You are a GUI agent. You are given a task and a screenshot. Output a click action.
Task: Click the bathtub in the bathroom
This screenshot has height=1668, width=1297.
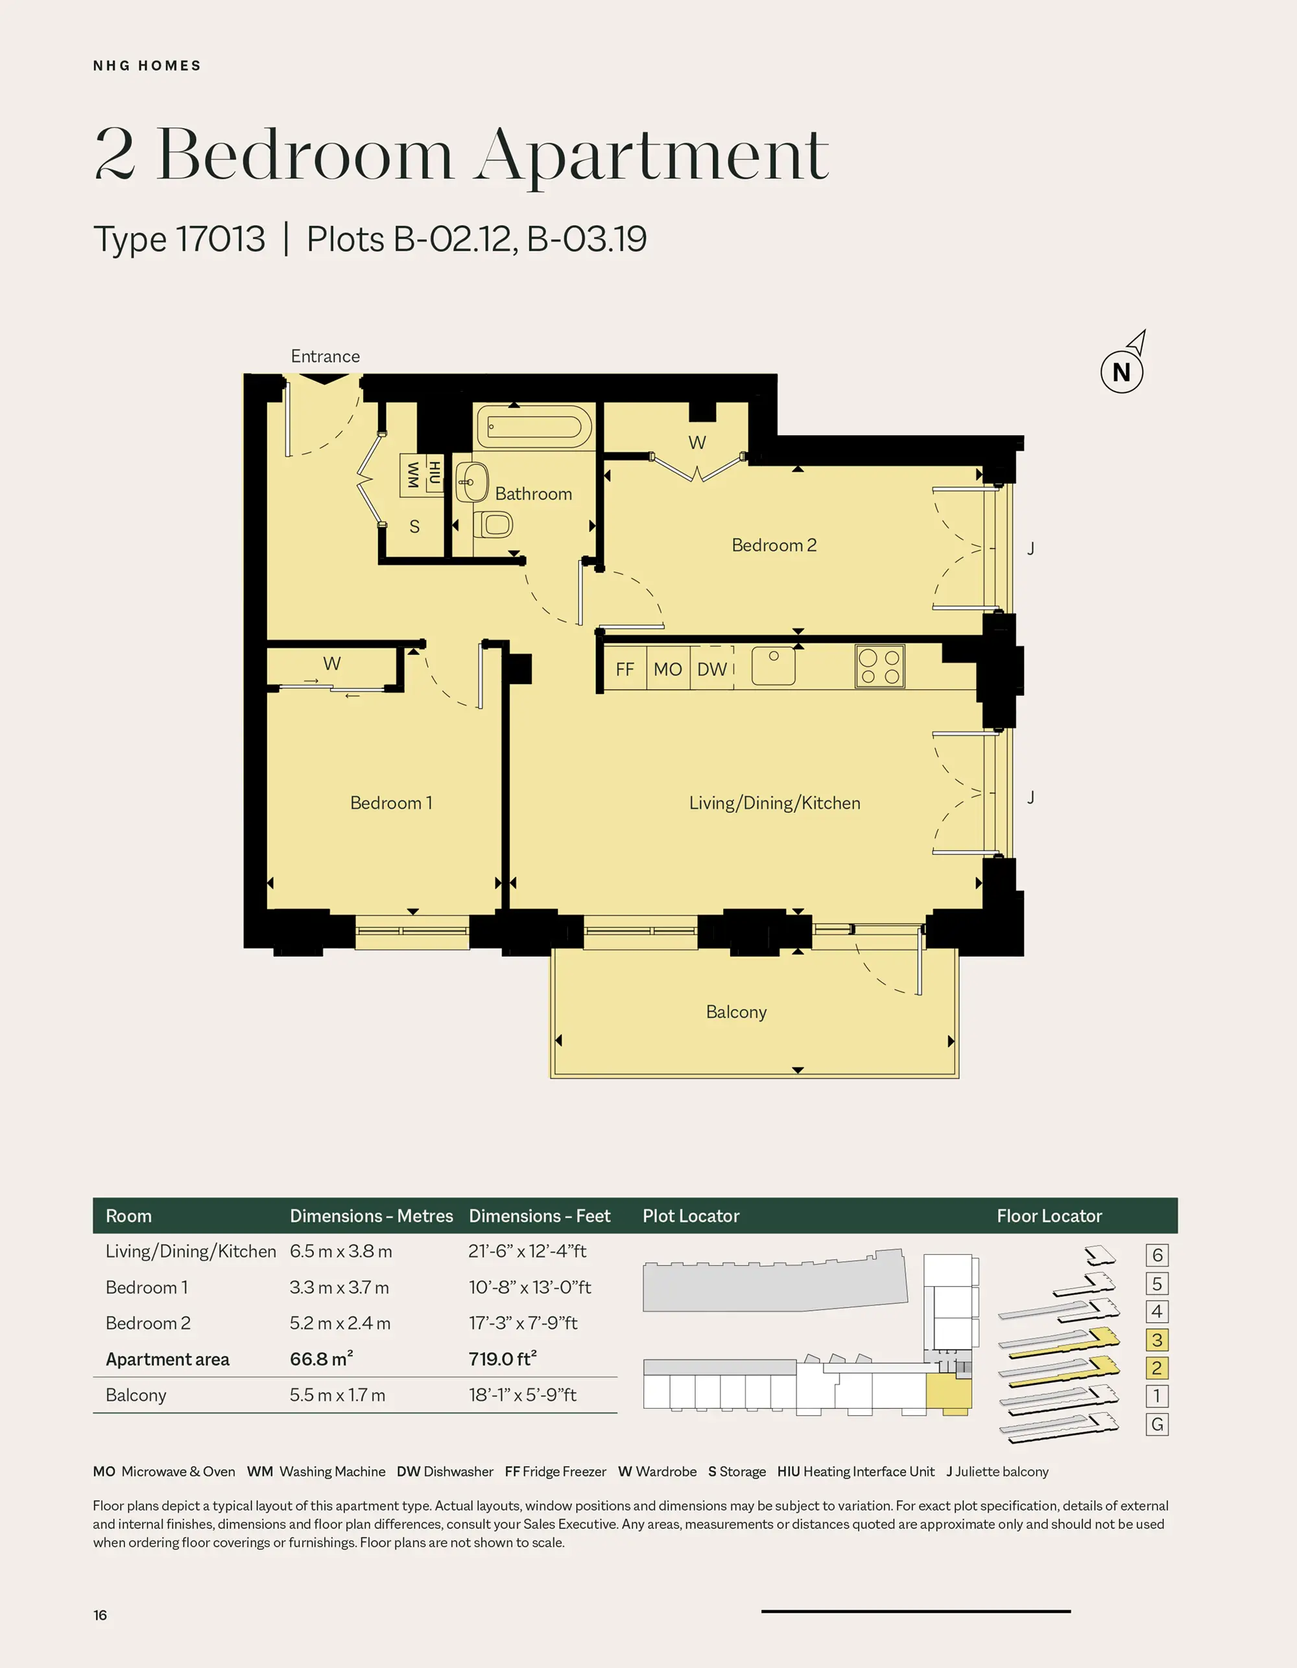534,426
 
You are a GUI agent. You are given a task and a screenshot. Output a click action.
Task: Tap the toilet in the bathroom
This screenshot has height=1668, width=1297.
493,525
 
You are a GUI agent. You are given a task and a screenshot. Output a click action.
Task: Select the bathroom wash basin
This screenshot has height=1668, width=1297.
472,482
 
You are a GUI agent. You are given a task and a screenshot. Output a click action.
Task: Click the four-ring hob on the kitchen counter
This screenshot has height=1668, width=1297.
880,667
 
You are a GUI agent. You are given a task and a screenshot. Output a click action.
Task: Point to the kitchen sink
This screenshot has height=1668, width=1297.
773,665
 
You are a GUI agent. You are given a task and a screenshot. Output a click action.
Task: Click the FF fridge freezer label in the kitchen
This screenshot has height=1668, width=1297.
625,670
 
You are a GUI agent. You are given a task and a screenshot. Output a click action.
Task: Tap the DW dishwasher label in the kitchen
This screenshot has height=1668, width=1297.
712,670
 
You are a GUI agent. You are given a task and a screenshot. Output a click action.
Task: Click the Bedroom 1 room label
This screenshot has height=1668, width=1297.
391,803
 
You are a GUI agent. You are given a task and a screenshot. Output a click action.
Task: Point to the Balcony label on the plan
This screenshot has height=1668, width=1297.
736,1012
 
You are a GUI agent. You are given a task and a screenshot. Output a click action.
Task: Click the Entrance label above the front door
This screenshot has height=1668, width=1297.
326,356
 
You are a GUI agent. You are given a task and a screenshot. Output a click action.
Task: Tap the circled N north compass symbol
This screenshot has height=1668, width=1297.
1121,372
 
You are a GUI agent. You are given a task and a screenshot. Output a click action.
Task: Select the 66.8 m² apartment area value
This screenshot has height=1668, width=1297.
321,1359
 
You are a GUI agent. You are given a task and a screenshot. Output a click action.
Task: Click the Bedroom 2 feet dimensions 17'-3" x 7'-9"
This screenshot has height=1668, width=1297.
523,1323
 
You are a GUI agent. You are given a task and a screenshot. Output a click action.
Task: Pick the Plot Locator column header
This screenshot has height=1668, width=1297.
691,1216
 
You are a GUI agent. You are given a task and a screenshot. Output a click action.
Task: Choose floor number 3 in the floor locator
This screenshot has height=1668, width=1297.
1157,1340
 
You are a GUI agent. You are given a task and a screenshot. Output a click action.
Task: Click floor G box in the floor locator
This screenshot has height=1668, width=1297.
1157,1424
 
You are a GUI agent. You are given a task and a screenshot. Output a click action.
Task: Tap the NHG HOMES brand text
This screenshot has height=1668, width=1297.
147,66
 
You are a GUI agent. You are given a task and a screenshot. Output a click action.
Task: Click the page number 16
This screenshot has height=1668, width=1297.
100,1615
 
